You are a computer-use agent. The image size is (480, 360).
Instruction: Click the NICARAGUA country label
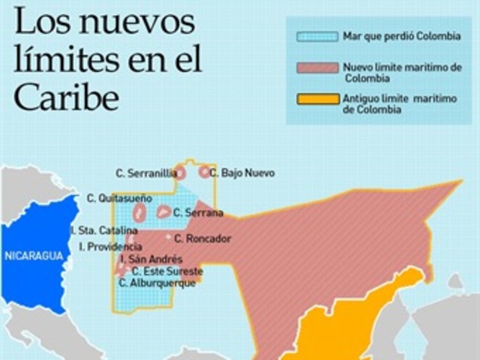tap(32, 256)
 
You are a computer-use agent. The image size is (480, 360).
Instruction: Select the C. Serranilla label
tap(146, 173)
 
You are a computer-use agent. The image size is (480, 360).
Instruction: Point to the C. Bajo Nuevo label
tap(242, 173)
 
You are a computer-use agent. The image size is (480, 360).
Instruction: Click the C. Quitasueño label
tap(119, 199)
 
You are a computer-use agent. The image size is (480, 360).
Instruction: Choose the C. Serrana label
tap(198, 213)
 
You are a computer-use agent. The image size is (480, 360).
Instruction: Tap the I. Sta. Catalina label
tap(103, 230)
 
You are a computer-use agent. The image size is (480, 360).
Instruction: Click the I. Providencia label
tap(109, 246)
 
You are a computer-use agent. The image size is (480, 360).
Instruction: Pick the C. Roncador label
tap(202, 238)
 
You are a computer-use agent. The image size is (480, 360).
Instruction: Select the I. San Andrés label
tap(151, 259)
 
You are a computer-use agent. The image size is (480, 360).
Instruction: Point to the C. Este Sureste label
tap(167, 271)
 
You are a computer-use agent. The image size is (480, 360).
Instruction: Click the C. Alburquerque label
tap(157, 283)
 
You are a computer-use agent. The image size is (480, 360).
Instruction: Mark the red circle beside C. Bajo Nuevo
tap(204, 172)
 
